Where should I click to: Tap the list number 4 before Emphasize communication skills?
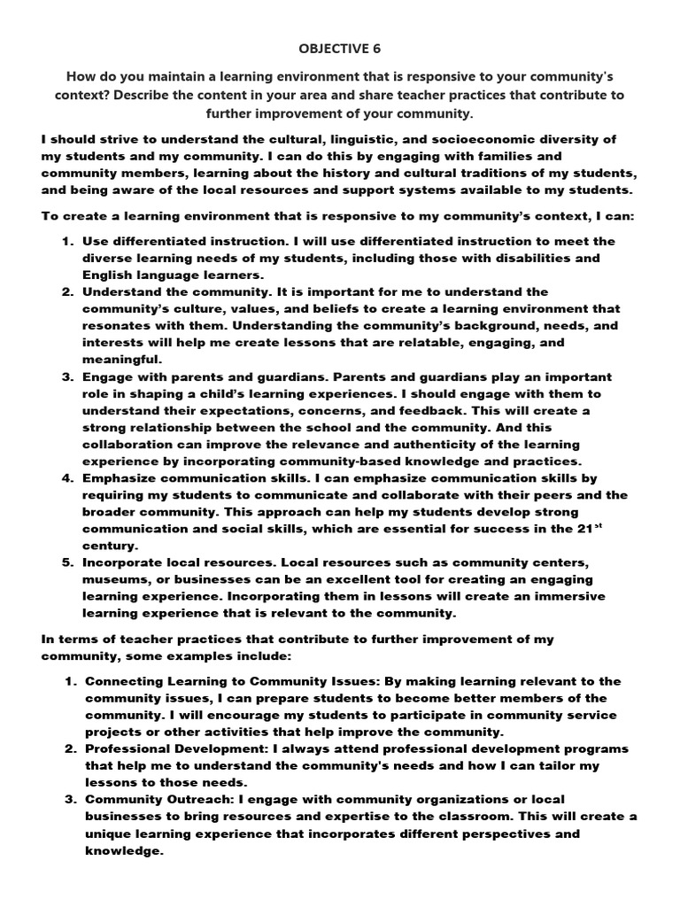pos(68,478)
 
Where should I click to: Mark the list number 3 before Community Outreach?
pos(68,799)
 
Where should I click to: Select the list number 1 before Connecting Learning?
pos(68,681)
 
